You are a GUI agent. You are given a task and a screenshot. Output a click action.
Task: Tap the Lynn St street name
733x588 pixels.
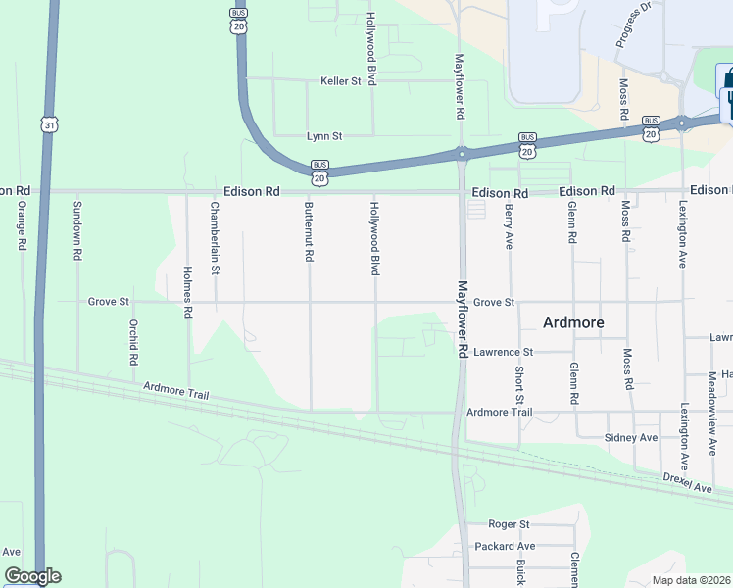(324, 136)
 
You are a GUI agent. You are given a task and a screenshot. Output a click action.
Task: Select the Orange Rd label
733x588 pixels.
(21, 225)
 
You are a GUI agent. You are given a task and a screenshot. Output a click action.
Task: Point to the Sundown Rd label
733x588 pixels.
(76, 230)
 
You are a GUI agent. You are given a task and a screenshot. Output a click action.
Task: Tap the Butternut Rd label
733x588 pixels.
(309, 231)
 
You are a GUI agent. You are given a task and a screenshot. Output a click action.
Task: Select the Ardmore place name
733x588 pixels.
(573, 322)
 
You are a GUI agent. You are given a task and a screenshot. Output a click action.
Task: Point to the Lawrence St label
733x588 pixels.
(503, 352)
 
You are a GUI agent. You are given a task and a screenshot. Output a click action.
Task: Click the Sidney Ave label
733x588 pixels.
(632, 437)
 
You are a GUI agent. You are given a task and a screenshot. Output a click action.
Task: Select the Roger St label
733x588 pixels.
(509, 525)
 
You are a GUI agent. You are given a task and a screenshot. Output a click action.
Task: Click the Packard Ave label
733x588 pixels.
(505, 546)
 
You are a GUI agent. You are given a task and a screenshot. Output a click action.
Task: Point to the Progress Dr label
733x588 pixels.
(634, 24)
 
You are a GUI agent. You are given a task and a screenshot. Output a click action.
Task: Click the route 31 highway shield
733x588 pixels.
(49, 124)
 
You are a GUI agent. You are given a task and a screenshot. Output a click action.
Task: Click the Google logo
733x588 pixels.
(32, 576)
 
